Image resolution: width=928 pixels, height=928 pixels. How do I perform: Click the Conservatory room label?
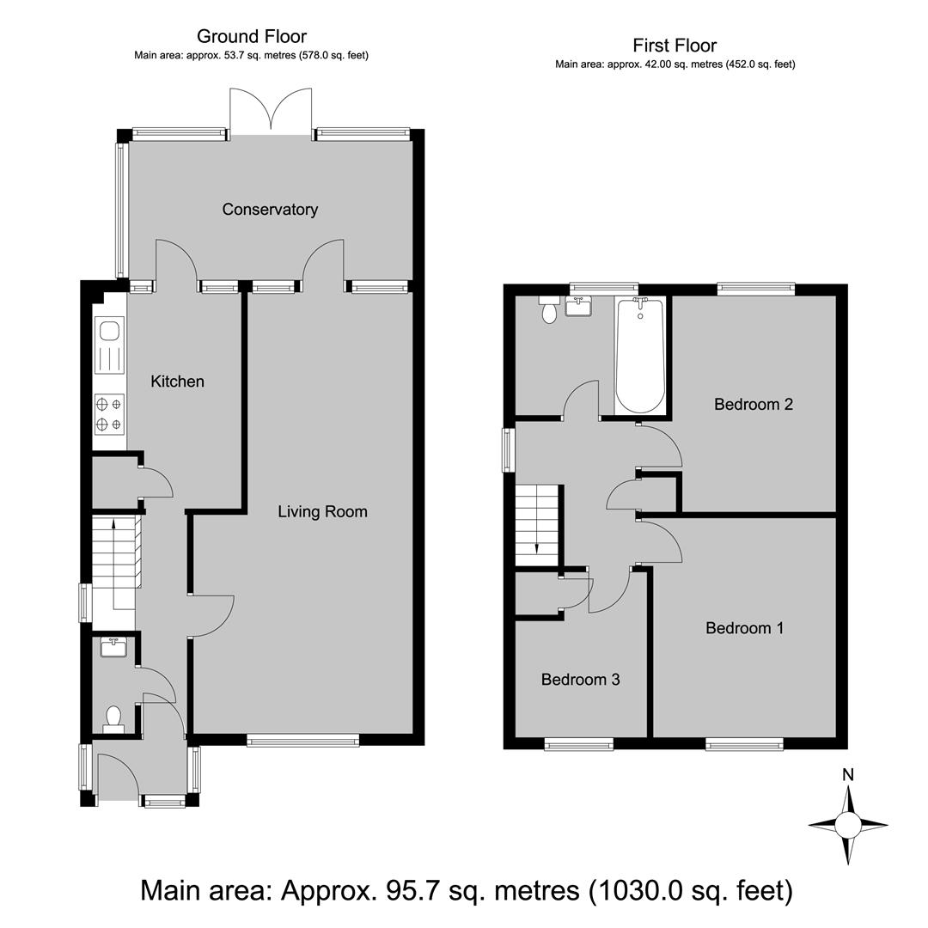270,210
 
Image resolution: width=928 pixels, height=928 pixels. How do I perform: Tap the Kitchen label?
178,382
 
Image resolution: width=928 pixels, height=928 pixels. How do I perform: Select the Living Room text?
322,511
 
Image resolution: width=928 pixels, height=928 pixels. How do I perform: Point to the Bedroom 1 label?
744,628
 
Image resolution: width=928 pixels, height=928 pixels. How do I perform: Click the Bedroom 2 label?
754,404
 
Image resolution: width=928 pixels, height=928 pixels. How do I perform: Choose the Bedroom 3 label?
581,680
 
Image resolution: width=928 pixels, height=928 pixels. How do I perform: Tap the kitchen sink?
109,345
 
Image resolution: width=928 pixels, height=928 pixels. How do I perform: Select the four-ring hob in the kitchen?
109,414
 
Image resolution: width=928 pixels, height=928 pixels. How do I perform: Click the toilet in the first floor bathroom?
549,310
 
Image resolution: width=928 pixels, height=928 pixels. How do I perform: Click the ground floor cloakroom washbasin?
112,648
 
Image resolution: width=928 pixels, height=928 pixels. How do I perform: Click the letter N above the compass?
848,775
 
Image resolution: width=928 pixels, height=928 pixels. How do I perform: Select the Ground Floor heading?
252,37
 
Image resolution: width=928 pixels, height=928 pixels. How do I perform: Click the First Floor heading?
675,46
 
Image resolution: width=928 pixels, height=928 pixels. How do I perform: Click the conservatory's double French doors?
271,111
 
